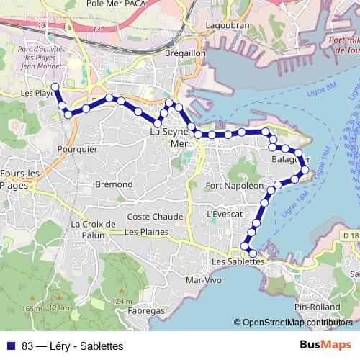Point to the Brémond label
pyautogui.click(x=114, y=184)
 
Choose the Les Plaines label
pyautogui.click(x=146, y=232)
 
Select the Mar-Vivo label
pyautogui.click(x=203, y=279)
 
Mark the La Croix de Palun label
pyautogui.click(x=94, y=229)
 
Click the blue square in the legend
pyautogui.click(x=11, y=346)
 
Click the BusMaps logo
pyautogui.click(x=325, y=345)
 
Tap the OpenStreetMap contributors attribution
pyautogui.click(x=297, y=323)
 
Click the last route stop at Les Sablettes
pyautogui.click(x=252, y=253)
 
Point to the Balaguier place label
pyautogui.click(x=292, y=159)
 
